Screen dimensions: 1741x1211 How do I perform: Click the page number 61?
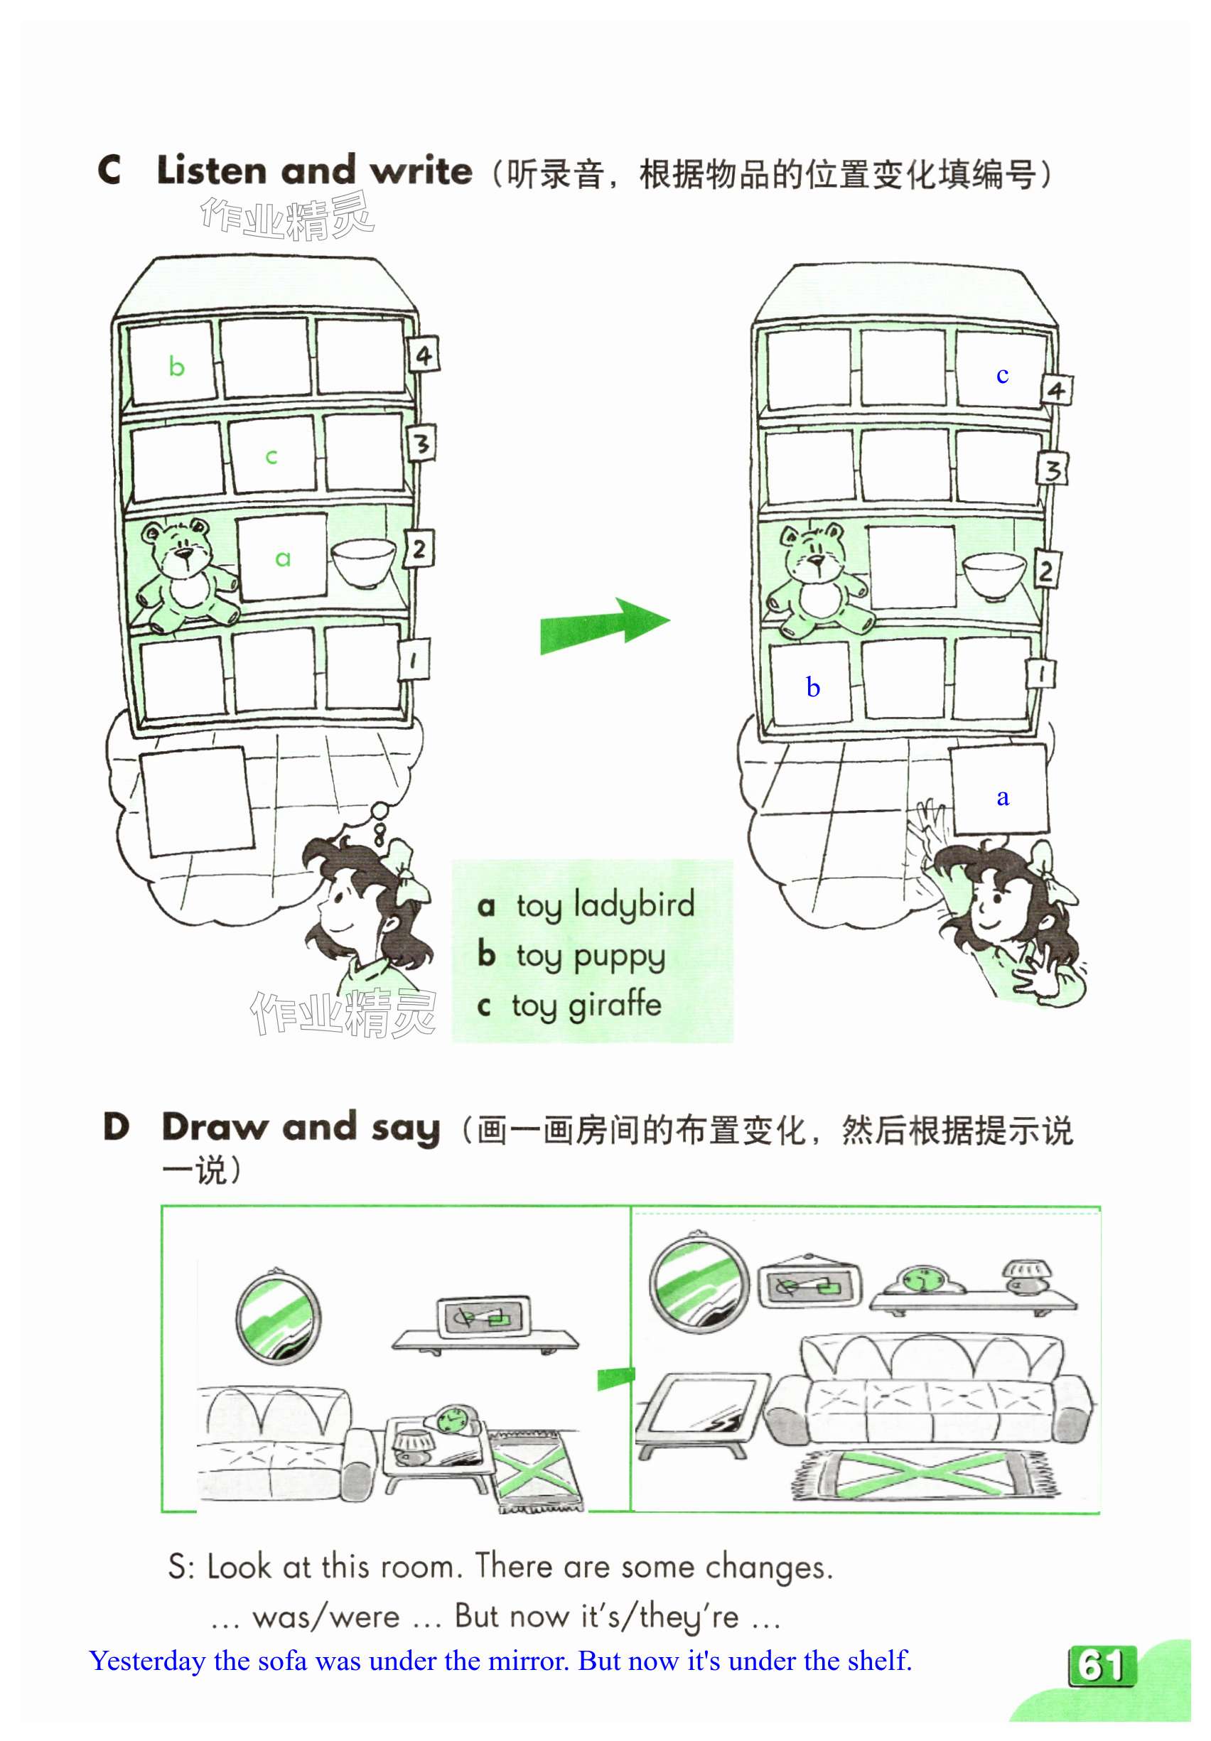(x=1101, y=1666)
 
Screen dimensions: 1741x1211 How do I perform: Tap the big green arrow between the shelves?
(x=603, y=626)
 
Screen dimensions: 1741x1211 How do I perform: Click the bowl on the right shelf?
(x=994, y=576)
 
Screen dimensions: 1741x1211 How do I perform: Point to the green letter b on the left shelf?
(x=177, y=367)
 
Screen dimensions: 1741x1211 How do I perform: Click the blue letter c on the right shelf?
(x=1002, y=374)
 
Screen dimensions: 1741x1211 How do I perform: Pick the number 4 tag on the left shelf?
(x=423, y=355)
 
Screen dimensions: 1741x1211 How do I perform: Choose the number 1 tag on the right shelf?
(x=1042, y=672)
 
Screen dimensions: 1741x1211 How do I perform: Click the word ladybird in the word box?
(x=634, y=905)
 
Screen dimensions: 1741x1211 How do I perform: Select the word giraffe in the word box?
(x=614, y=1005)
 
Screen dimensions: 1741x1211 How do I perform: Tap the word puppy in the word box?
(x=619, y=957)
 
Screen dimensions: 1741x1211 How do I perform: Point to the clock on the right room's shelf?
(x=920, y=1281)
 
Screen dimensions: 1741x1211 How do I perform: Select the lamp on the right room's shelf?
(x=1028, y=1276)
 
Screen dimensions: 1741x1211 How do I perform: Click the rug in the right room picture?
(x=927, y=1475)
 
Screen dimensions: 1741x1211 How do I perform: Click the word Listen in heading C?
(x=212, y=170)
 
